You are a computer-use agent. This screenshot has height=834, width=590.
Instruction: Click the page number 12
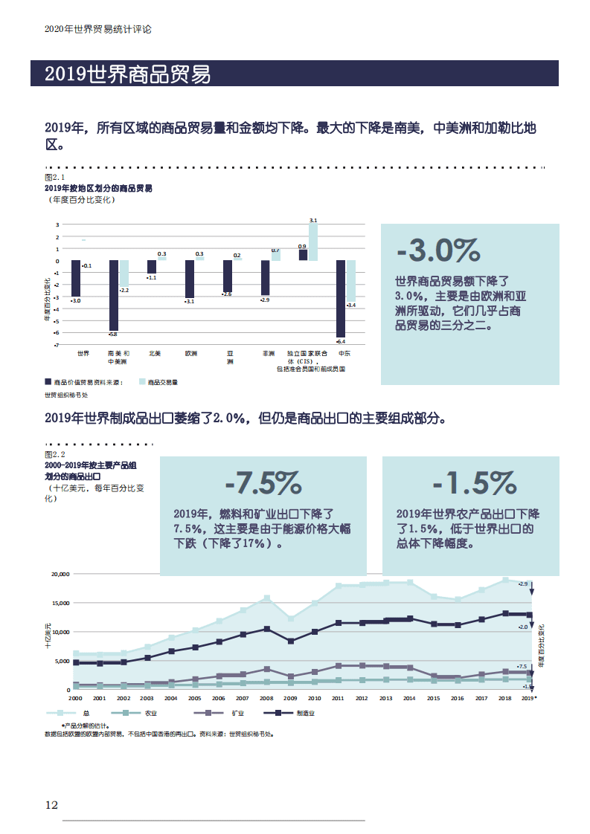tap(51, 805)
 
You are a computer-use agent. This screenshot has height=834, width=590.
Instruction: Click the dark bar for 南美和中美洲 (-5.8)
tap(114, 295)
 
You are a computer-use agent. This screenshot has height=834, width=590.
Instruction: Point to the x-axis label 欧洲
tap(191, 353)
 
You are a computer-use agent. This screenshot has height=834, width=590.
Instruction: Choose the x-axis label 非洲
tap(268, 353)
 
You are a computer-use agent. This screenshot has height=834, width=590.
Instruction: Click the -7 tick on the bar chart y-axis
tap(57, 345)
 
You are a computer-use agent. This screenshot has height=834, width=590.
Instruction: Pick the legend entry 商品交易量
tap(158, 382)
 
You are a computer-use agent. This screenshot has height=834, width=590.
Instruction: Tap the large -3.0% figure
tap(438, 251)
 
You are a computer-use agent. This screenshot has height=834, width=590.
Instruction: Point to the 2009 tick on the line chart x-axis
tap(290, 699)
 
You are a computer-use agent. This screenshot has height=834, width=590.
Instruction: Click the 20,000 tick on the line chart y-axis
tap(60, 574)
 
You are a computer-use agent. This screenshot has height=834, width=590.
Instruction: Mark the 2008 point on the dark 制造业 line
tap(266, 629)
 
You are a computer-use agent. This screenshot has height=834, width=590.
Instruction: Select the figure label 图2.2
tap(55, 454)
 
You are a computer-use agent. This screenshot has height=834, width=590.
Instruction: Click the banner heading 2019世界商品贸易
tap(127, 74)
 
